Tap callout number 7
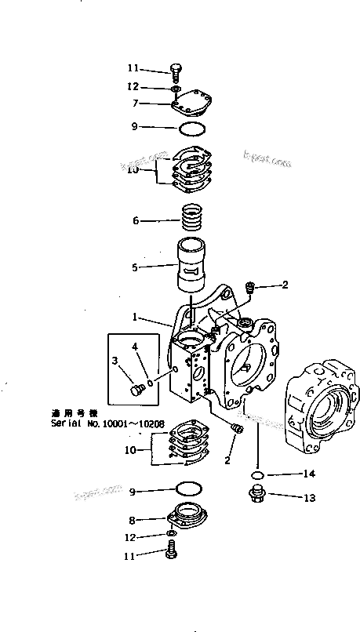click(136, 104)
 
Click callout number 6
click(136, 221)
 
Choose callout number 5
click(136, 267)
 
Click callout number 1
click(136, 318)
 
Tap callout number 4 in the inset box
click(135, 345)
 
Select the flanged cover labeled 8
click(188, 518)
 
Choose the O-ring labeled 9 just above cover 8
click(187, 489)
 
